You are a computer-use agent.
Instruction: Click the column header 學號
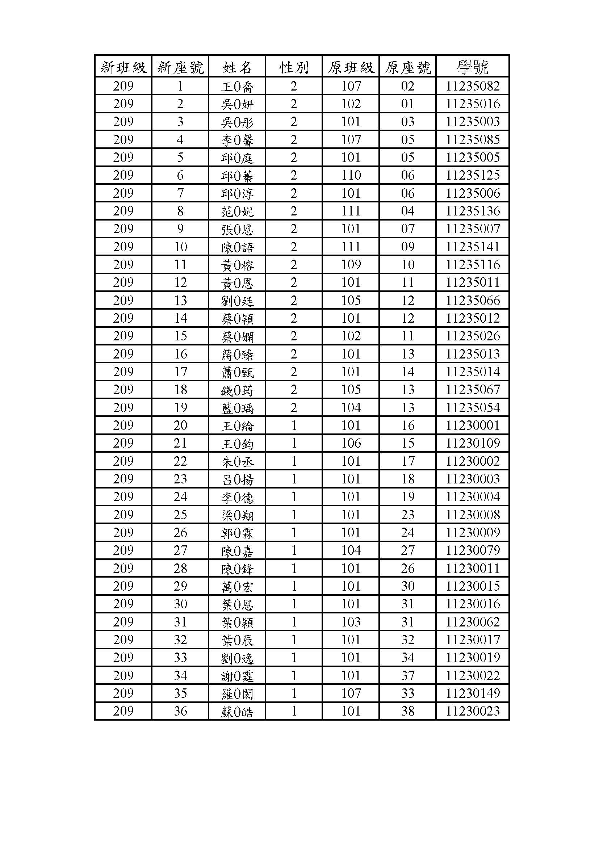click(x=473, y=67)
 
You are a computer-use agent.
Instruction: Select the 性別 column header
click(x=294, y=67)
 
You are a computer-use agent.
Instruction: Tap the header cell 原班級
click(x=351, y=67)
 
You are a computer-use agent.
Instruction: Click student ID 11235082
click(x=473, y=86)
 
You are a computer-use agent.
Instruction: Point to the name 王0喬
click(x=237, y=87)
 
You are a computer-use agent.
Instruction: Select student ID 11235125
click(x=473, y=175)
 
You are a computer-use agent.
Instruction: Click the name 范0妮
click(x=237, y=211)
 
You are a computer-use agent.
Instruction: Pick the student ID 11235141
click(x=473, y=247)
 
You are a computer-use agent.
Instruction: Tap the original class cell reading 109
click(x=351, y=264)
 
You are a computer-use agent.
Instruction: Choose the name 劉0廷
click(x=237, y=301)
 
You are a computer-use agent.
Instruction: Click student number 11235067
click(x=473, y=390)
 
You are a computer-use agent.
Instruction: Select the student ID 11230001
click(x=473, y=425)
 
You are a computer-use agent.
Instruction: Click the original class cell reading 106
click(x=351, y=443)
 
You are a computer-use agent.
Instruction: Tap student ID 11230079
click(x=473, y=550)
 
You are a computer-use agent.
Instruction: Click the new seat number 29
click(x=180, y=586)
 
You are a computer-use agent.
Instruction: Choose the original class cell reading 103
click(x=351, y=622)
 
